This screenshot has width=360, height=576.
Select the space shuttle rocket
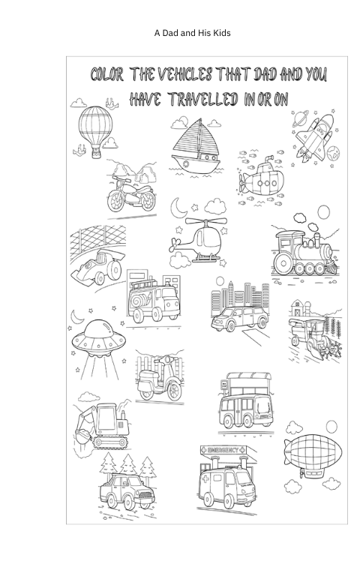[x=316, y=138]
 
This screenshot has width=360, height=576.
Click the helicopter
[x=201, y=239]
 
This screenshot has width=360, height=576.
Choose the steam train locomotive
[x=304, y=253]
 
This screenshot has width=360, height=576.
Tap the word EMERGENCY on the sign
[x=223, y=450]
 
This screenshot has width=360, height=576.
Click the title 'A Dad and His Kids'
[x=193, y=33]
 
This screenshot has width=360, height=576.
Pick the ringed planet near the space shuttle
[x=299, y=118]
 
